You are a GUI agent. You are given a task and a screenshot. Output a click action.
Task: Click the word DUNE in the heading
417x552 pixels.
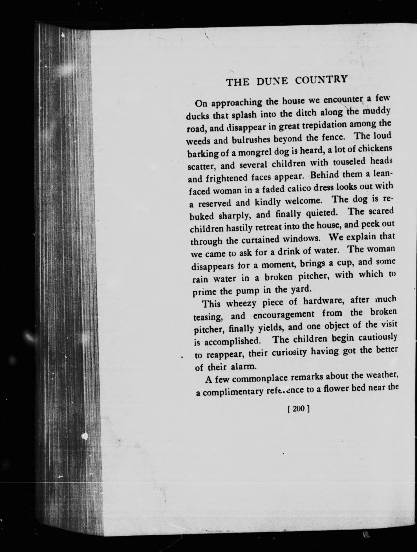pyautogui.click(x=272, y=81)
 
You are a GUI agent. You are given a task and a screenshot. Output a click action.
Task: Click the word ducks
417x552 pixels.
pyautogui.click(x=198, y=116)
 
